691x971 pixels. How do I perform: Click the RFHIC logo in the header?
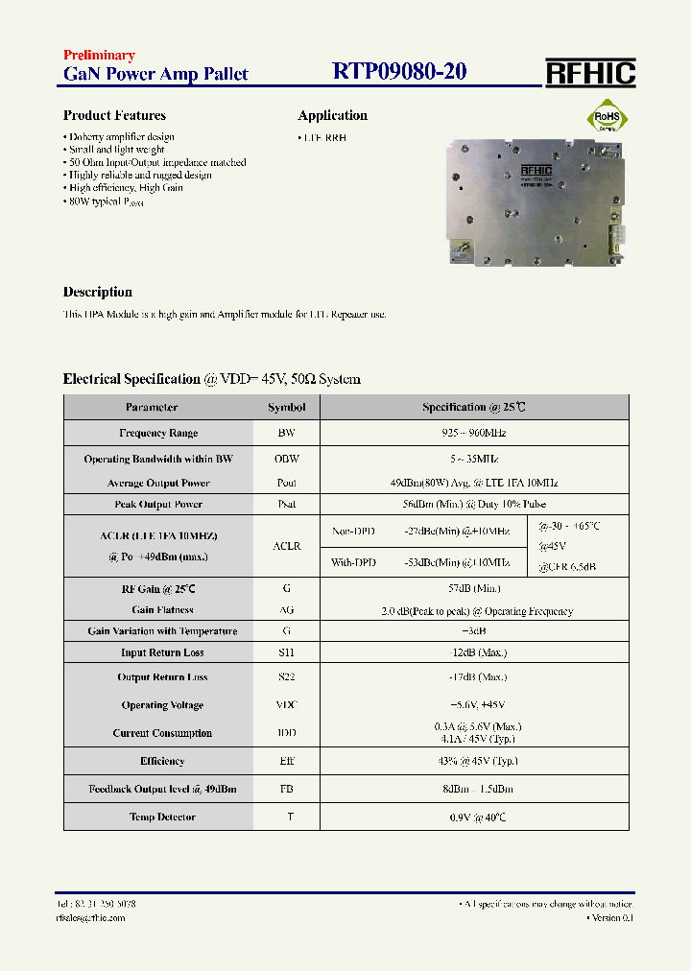click(590, 73)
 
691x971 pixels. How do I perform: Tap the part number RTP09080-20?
click(399, 72)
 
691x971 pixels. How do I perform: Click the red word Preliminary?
click(99, 56)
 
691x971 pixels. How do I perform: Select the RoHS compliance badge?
click(608, 120)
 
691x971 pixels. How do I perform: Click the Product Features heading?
click(114, 116)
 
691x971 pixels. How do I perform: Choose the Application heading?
click(332, 116)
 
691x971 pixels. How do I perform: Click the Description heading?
click(98, 293)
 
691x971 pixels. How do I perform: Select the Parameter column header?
click(152, 408)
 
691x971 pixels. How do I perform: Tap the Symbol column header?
click(287, 408)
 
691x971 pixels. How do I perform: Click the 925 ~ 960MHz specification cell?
click(473, 434)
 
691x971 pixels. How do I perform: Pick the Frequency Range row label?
click(158, 434)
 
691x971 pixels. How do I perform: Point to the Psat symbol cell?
click(287, 505)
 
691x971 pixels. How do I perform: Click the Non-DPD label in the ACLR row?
click(354, 531)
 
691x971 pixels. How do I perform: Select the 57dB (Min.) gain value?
click(473, 588)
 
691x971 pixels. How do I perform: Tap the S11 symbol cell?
click(287, 653)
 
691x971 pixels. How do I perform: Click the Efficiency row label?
click(162, 762)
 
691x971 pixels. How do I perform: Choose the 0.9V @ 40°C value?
click(473, 817)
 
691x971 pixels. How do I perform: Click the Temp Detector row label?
click(162, 817)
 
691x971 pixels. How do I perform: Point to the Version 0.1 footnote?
click(610, 918)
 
